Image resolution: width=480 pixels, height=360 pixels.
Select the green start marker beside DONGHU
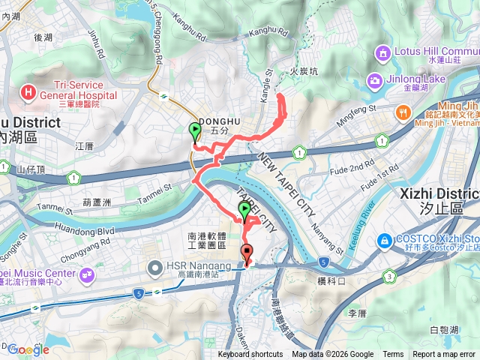(195, 132)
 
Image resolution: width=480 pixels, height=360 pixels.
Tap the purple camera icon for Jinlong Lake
(373, 80)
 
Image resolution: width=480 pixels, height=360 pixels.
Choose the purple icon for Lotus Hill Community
(384, 53)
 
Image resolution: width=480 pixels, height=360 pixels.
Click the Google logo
(28, 349)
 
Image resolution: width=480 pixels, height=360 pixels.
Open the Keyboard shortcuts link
(250, 355)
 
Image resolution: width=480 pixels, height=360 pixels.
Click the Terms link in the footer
(393, 355)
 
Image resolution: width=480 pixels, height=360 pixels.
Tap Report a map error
(445, 355)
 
